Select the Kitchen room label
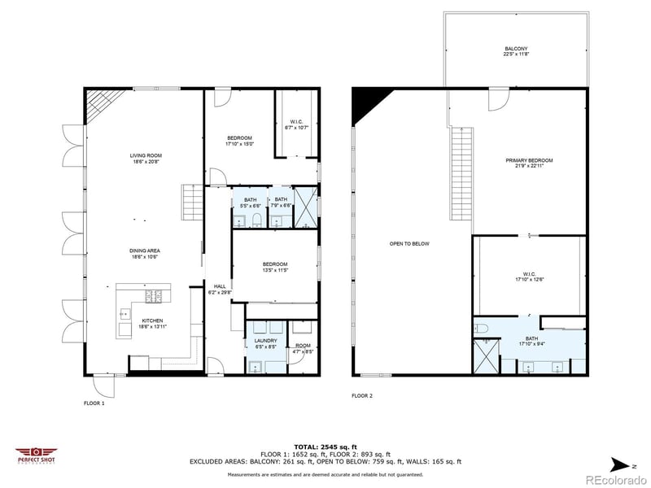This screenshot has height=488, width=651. tap(154, 324)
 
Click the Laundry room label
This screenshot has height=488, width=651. tap(266, 343)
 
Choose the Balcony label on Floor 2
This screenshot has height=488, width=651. tap(516, 51)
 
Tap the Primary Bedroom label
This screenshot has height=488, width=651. tap(529, 163)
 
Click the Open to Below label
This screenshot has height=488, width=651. tap(409, 243)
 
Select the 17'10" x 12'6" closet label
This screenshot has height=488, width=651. tap(529, 277)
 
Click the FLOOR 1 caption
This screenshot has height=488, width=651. tap(94, 403)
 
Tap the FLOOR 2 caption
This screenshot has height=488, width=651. tap(362, 396)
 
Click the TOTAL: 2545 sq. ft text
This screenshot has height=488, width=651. tap(325, 447)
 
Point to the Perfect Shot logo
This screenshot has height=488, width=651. tap(35, 455)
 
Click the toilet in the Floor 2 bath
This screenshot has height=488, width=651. tap(480, 328)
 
